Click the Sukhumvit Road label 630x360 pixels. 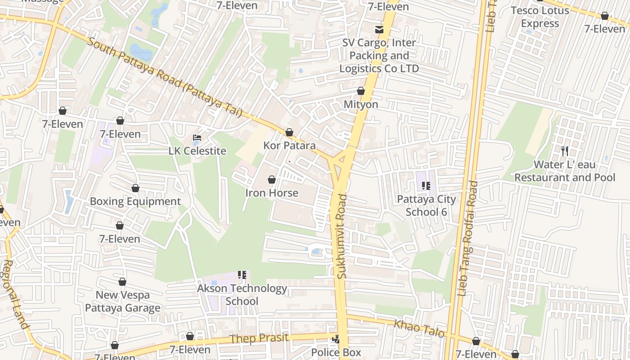[342, 236]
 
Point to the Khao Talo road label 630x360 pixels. [419, 328]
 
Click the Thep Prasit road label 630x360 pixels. [259, 338]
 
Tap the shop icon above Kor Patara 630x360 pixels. [289, 133]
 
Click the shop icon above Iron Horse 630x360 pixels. [272, 180]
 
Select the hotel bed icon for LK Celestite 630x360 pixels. [197, 138]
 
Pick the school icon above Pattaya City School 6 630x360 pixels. [426, 186]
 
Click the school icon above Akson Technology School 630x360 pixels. [242, 275]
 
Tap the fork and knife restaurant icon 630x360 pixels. [565, 151]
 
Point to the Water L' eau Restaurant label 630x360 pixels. [565, 171]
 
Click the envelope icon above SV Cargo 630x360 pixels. [379, 30]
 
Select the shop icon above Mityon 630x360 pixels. [360, 91]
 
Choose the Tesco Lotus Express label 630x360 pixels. [540, 17]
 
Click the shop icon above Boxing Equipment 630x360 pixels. [135, 189]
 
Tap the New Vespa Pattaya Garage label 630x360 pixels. [123, 301]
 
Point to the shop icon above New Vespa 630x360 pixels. [122, 282]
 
